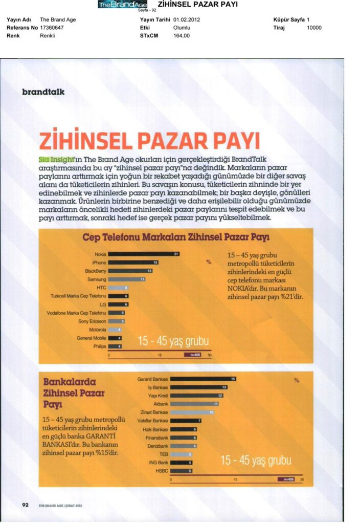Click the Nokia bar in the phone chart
[x=144, y=254]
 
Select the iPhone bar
[x=134, y=263]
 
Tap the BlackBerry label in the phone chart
[x=95, y=271]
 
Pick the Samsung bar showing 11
[x=127, y=279]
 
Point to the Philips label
[x=99, y=346]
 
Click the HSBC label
[x=161, y=470]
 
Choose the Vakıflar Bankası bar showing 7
[x=186, y=421]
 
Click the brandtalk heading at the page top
[x=43, y=92]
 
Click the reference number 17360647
[x=52, y=28]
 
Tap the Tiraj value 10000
[x=314, y=28]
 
